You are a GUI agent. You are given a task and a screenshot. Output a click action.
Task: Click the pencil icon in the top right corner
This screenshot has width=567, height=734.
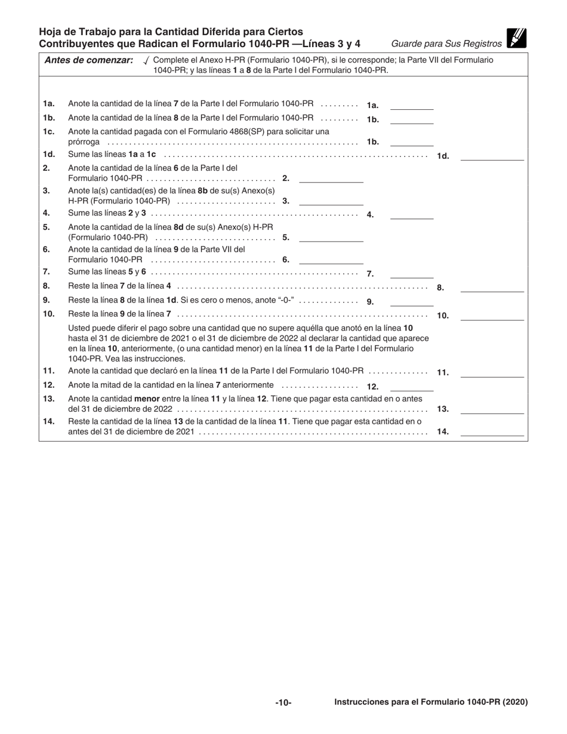click(516, 38)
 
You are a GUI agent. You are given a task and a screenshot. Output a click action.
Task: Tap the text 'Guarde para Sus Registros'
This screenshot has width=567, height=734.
click(446, 44)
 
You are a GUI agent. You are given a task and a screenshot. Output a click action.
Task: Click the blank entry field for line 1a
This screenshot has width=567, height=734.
click(411, 105)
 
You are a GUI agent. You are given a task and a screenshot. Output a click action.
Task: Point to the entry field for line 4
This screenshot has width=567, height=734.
click(411, 214)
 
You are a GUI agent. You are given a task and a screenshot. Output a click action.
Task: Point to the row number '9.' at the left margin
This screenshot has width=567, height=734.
click(47, 300)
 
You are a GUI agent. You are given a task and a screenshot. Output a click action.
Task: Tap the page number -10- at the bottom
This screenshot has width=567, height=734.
click(283, 703)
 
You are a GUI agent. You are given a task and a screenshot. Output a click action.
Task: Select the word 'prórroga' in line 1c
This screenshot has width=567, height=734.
click(84, 143)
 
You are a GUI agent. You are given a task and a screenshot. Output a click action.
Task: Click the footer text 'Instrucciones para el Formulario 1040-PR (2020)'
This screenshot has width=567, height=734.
click(431, 702)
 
